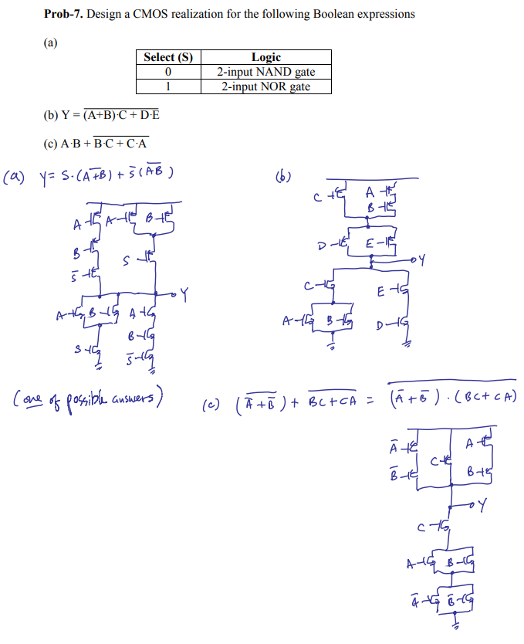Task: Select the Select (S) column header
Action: [x=167, y=57]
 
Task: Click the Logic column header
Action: [x=265, y=57]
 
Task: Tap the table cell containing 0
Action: [x=167, y=72]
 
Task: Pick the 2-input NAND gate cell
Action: [x=265, y=72]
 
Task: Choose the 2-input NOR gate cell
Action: [x=265, y=86]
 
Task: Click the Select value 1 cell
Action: [x=167, y=86]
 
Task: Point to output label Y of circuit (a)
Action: [x=185, y=293]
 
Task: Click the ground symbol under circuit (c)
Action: [x=455, y=627]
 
